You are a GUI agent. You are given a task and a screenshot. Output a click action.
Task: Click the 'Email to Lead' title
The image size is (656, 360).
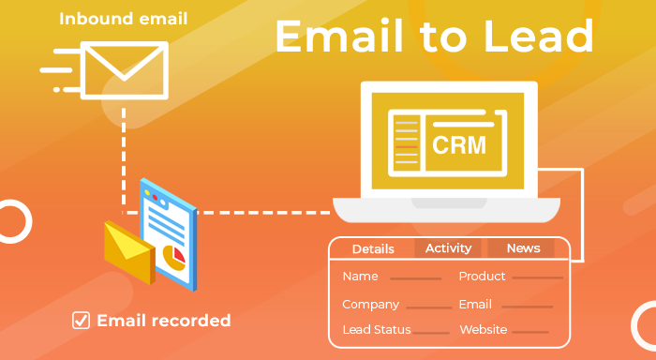click(434, 37)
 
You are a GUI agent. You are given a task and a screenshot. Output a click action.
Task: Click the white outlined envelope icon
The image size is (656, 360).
click(124, 69)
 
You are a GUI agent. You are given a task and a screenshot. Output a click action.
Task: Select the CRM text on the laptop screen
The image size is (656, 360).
click(459, 145)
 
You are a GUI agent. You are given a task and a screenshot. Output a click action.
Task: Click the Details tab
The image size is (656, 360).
click(373, 248)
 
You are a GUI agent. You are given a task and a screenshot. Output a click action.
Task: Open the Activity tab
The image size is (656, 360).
click(448, 248)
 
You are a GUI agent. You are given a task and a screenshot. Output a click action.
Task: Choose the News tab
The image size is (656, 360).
click(523, 248)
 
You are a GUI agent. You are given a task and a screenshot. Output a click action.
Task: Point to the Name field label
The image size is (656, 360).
click(360, 277)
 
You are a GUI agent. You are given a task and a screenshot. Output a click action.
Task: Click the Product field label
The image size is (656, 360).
click(482, 277)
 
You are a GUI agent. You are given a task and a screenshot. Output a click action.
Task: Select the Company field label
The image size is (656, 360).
click(371, 305)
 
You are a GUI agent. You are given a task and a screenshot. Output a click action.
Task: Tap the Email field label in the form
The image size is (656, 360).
click(475, 305)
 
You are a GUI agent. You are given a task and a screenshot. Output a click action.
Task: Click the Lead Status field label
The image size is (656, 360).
click(376, 330)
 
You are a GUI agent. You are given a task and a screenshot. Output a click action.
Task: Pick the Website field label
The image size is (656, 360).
click(484, 330)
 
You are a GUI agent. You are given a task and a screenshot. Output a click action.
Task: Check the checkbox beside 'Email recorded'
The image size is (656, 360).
click(82, 321)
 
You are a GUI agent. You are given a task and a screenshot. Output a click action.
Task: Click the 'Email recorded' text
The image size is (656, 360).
click(164, 321)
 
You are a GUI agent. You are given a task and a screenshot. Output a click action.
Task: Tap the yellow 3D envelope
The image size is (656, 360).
click(127, 252)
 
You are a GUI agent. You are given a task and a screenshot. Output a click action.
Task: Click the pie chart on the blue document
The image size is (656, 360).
click(173, 255)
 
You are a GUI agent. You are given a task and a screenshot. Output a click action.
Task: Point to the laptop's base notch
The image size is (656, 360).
click(448, 203)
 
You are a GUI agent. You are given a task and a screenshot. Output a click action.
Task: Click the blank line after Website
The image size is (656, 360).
click(530, 332)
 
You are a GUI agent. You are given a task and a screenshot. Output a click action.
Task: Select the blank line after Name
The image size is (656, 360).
click(415, 278)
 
